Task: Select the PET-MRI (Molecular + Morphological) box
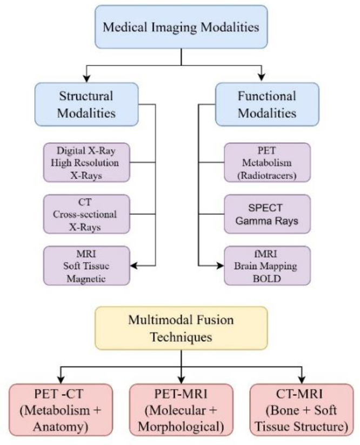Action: tap(181, 409)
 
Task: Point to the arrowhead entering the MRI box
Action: tap(135, 265)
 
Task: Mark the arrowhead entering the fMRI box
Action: tap(221, 265)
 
